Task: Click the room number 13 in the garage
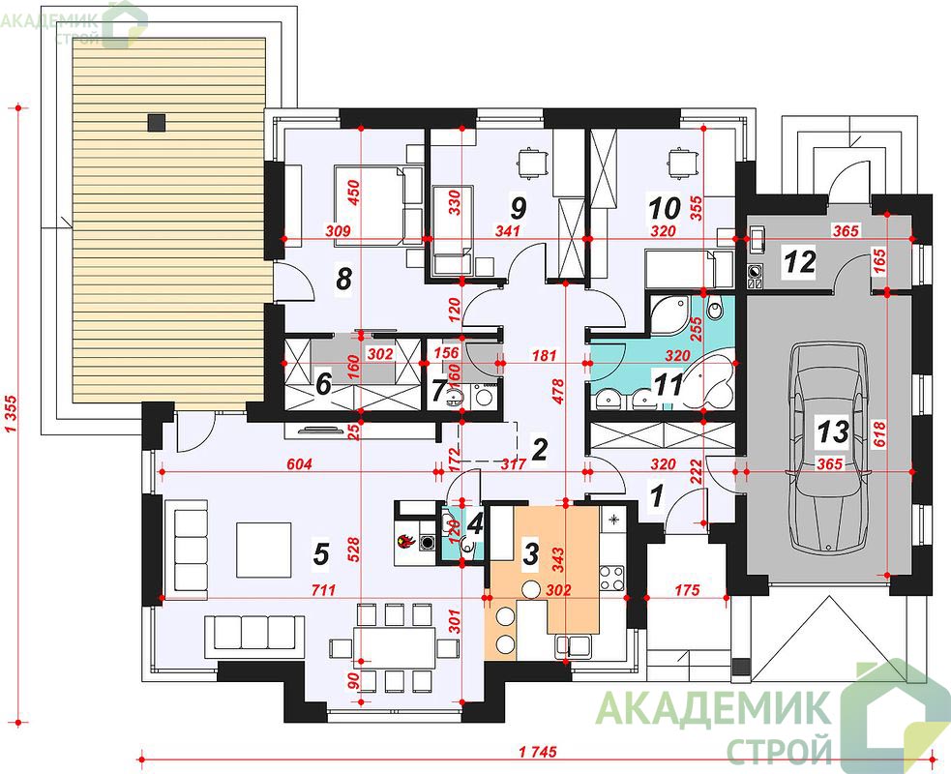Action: pos(833,432)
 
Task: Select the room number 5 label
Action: pos(320,553)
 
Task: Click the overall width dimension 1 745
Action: pos(537,752)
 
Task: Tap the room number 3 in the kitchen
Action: pos(530,553)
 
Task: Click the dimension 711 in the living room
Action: pos(323,589)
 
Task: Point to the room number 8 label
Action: pos(343,281)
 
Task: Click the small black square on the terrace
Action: pos(157,123)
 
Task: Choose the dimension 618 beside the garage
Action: pos(880,434)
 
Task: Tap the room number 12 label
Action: pos(801,262)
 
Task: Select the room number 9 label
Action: pos(518,208)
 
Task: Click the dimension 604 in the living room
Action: pos(299,464)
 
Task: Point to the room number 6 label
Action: pos(323,383)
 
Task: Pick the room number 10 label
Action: pos(664,208)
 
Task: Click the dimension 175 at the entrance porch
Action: pos(687,589)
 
